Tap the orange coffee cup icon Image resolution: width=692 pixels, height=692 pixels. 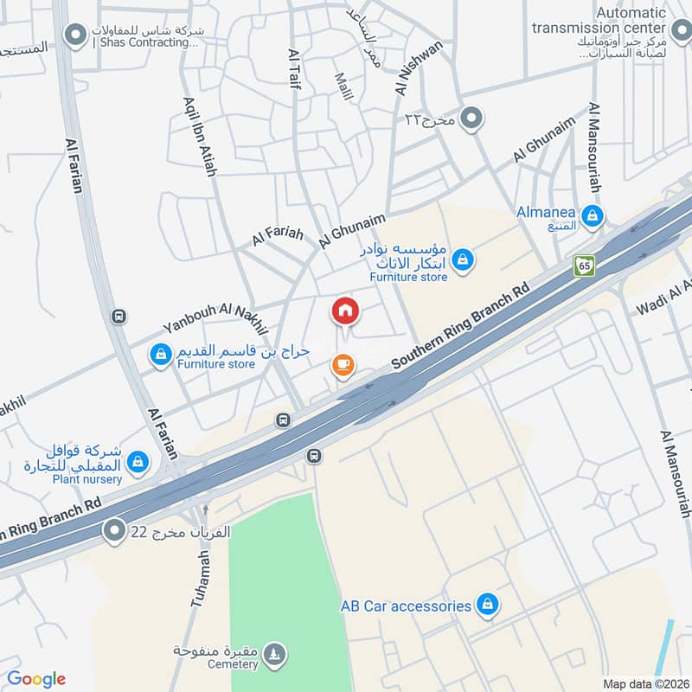coord(343,366)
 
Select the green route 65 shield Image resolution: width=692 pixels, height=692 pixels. coord(585,266)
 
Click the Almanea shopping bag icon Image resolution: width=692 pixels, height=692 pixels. coord(593,216)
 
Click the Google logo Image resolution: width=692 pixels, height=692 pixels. coord(36,679)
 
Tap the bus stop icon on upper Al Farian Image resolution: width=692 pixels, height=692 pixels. coord(119,317)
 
